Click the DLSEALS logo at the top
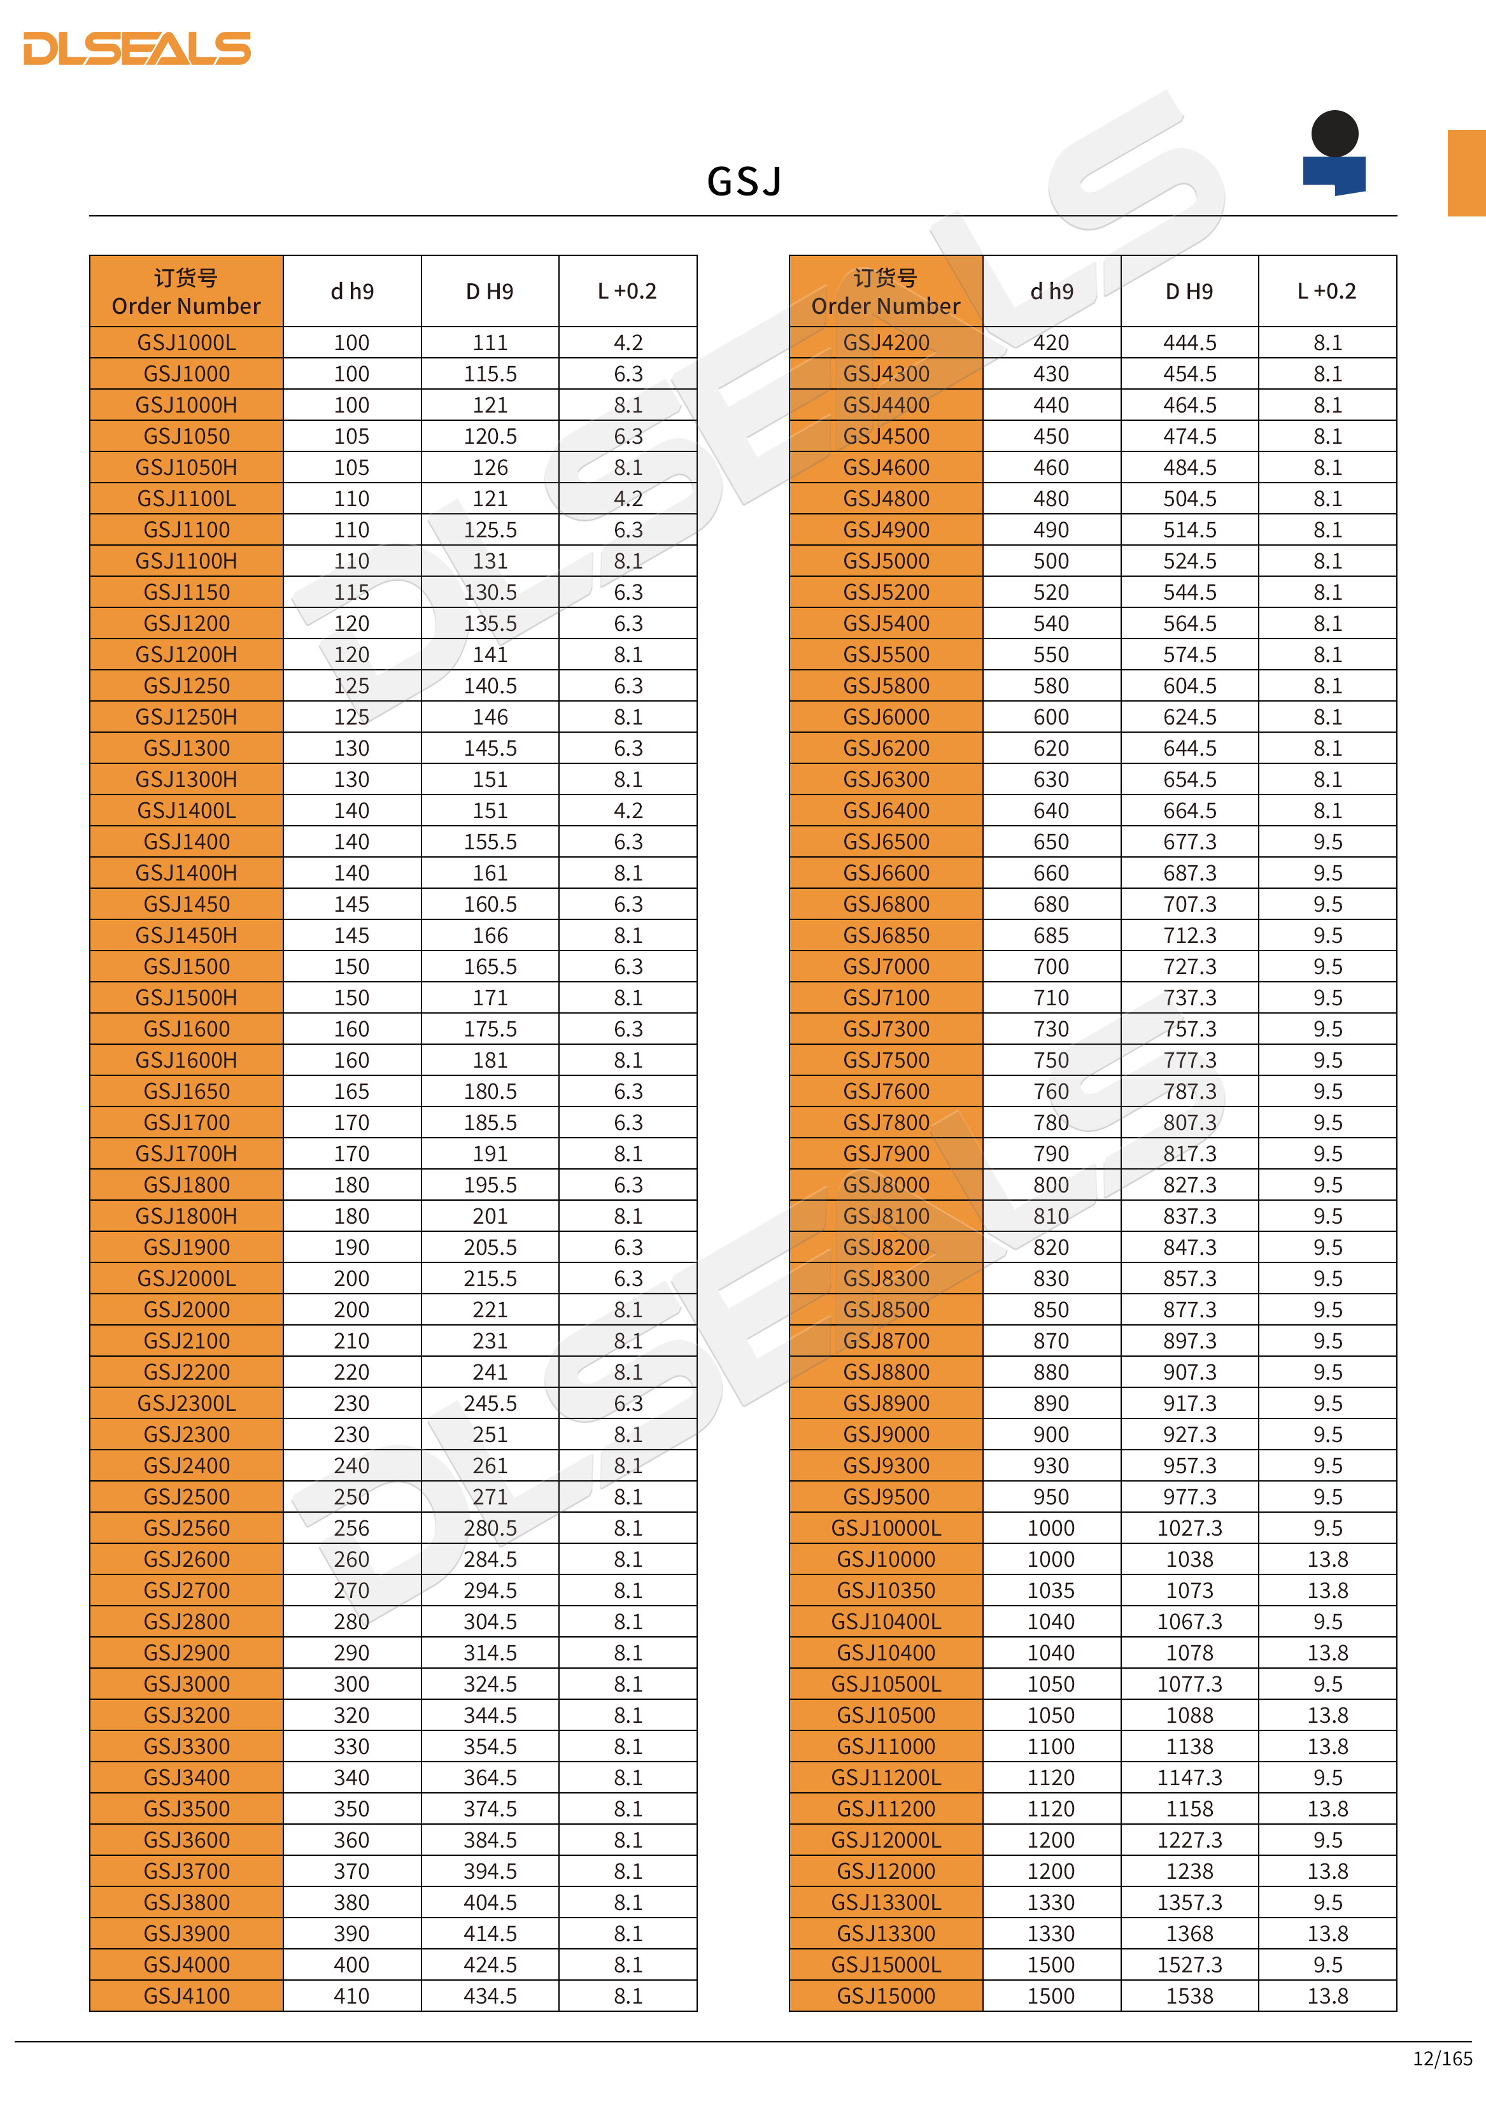tap(138, 48)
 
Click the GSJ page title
tap(744, 181)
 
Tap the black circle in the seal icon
tap(1334, 134)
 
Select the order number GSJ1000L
tap(187, 343)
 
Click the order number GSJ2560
tap(187, 1528)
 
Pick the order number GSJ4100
tap(187, 1996)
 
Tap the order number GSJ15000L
tap(886, 1965)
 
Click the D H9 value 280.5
tap(490, 1528)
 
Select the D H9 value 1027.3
tap(1189, 1528)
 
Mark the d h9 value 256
tap(351, 1528)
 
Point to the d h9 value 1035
tap(1051, 1590)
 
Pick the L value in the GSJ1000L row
tap(628, 343)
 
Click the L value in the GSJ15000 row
tap(1327, 1996)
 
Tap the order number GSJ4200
tap(886, 343)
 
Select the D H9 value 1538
tap(1189, 1996)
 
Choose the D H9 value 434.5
tap(490, 1996)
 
